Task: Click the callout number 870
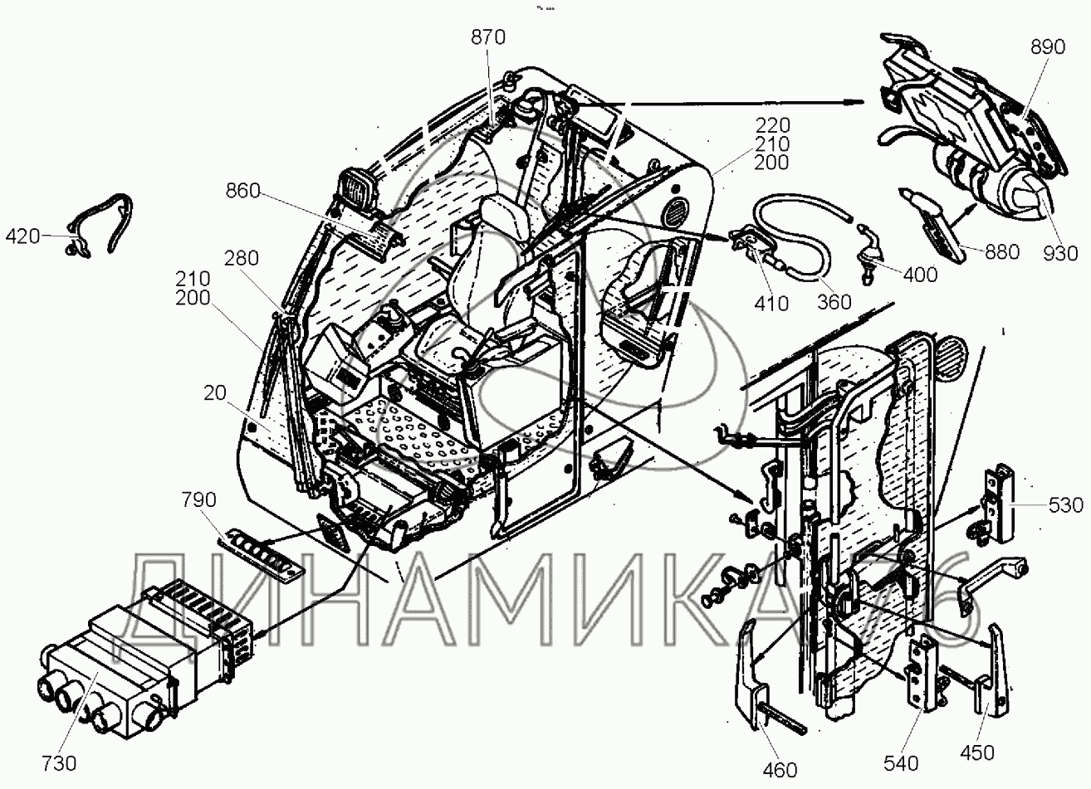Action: (x=487, y=37)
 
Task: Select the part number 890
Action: (x=1046, y=47)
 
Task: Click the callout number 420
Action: (x=22, y=236)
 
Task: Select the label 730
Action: (x=59, y=763)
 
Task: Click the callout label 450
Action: (x=976, y=752)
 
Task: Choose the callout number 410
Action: (x=771, y=304)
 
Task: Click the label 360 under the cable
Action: (x=834, y=300)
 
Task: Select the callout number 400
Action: (x=918, y=274)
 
